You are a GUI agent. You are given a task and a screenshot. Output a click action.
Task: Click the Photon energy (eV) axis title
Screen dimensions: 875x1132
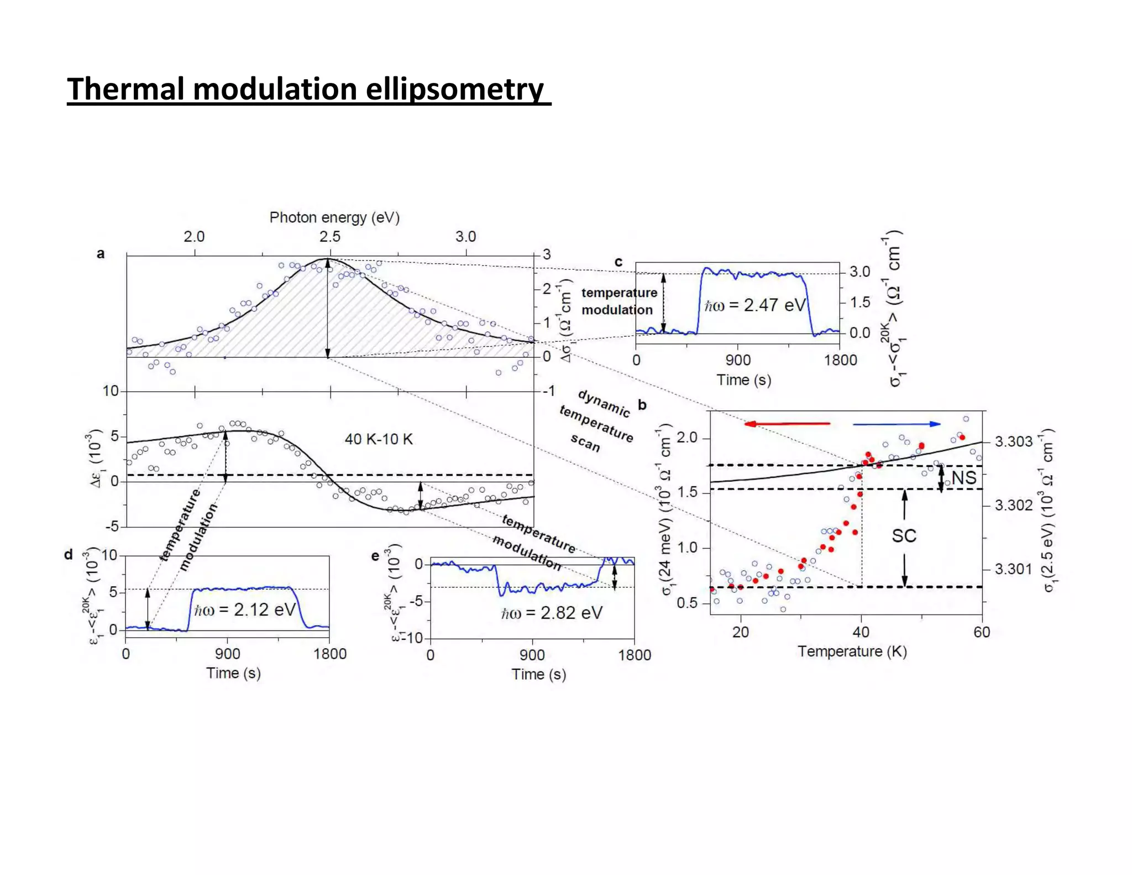click(x=334, y=217)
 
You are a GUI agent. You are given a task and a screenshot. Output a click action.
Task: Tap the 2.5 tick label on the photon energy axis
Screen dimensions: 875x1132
click(x=329, y=237)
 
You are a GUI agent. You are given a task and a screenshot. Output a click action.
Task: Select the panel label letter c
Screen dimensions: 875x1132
click(x=619, y=262)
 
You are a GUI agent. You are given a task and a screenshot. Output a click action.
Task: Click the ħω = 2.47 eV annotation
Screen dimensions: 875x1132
click(x=755, y=305)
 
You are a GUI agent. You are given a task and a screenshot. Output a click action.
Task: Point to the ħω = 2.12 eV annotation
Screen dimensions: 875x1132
click(x=245, y=610)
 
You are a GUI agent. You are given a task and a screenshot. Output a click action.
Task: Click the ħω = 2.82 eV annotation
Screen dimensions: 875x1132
click(x=551, y=613)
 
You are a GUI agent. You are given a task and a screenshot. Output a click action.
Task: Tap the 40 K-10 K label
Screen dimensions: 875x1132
click(x=379, y=439)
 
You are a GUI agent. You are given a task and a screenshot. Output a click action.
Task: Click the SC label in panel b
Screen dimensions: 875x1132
click(x=904, y=535)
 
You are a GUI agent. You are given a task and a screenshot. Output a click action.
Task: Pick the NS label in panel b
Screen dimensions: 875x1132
click(x=964, y=478)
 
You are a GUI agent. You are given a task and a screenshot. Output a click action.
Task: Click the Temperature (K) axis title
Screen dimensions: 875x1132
click(x=852, y=652)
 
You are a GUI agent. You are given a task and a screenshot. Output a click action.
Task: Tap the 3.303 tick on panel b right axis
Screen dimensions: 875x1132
click(x=1014, y=442)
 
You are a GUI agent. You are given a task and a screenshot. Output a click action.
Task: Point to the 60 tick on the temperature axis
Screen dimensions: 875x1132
click(x=982, y=632)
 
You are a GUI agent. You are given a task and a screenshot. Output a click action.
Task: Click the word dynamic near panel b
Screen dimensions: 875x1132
click(x=604, y=403)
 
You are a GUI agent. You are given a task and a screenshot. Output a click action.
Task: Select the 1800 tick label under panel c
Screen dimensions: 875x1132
click(x=840, y=360)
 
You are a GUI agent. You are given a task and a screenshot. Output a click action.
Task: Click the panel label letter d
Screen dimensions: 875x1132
click(x=69, y=554)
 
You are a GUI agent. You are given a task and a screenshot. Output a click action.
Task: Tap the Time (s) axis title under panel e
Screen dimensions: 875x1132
click(x=538, y=674)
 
